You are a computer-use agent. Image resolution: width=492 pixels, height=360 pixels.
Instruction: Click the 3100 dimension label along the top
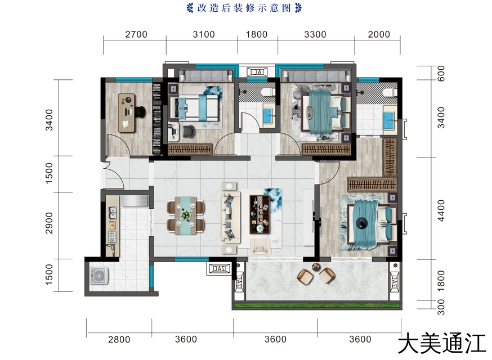(x=204, y=34)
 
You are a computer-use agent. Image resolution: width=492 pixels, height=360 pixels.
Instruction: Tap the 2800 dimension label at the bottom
(x=119, y=340)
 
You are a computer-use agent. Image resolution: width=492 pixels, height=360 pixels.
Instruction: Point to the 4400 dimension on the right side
(x=441, y=211)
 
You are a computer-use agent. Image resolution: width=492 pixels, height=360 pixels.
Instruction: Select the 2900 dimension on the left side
(x=50, y=223)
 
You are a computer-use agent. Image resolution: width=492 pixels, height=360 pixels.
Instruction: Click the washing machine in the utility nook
(x=99, y=276)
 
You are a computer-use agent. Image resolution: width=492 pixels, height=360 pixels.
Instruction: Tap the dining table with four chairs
(x=186, y=215)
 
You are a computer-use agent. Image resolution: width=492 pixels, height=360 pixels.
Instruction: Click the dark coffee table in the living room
(x=260, y=214)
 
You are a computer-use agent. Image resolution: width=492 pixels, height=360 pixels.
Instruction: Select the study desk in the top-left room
(x=127, y=112)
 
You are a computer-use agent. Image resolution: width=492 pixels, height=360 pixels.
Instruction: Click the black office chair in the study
(x=140, y=111)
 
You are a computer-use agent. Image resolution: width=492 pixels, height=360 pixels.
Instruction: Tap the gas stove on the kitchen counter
(x=112, y=236)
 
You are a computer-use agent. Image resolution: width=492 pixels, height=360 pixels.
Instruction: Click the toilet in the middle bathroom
(x=267, y=91)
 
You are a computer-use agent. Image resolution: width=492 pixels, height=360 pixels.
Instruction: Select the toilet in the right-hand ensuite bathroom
(x=389, y=92)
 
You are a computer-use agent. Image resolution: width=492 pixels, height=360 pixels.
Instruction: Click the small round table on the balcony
(x=316, y=267)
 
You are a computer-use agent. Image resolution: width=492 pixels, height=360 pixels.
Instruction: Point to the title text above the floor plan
(x=244, y=8)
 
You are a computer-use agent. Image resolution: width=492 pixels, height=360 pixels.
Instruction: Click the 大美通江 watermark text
(x=442, y=344)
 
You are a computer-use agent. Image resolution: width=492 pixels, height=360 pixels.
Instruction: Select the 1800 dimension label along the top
(x=257, y=34)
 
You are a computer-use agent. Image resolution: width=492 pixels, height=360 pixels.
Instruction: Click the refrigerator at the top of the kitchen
(x=135, y=201)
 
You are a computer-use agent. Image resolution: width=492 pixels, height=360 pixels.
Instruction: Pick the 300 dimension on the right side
(x=441, y=307)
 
